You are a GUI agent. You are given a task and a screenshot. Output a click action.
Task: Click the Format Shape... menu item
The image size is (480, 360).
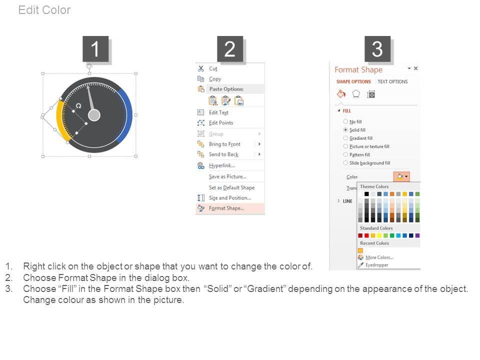(x=226, y=208)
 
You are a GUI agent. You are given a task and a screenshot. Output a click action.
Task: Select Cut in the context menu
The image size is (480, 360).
(x=213, y=68)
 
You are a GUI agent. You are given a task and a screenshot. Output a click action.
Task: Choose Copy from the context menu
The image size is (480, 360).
(x=215, y=79)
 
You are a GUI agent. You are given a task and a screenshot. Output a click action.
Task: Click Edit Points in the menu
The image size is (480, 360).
(x=221, y=123)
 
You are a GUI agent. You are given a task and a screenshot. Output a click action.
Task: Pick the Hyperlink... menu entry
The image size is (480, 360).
(x=222, y=165)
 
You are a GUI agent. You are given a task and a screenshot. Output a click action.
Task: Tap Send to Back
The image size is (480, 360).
(x=224, y=154)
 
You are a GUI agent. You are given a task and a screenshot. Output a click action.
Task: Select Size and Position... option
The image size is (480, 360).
(x=230, y=198)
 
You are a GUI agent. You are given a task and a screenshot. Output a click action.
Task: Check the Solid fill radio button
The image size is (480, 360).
(x=345, y=130)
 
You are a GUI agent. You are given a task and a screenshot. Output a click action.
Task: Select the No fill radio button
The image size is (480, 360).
(x=345, y=121)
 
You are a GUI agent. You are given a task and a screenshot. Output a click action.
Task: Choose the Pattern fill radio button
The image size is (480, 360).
(x=345, y=154)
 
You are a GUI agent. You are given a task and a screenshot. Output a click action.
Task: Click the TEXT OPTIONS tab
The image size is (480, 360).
(x=392, y=81)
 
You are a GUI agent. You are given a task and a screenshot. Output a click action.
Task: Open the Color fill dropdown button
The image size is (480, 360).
(x=401, y=176)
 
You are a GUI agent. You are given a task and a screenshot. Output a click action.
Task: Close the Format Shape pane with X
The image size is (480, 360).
(x=415, y=68)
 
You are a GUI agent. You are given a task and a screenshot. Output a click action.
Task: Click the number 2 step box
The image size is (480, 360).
(x=230, y=49)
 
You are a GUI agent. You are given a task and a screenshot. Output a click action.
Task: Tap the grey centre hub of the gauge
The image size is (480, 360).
(x=94, y=115)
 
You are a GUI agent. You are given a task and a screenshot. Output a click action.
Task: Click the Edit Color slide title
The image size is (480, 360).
(x=44, y=10)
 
